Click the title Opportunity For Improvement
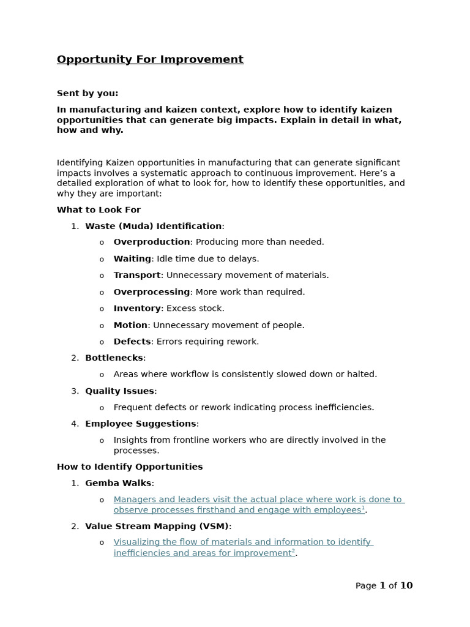[150, 59]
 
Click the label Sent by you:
[88, 94]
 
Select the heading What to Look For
[99, 210]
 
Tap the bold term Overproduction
[152, 242]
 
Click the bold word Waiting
[132, 259]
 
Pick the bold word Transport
[137, 276]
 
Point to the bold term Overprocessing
[152, 292]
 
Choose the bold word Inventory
[137, 309]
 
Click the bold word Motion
[130, 325]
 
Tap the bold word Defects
[132, 342]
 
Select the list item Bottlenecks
[114, 358]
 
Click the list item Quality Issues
[119, 391]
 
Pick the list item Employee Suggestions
[141, 424]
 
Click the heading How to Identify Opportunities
[130, 467]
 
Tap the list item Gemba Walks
[118, 483]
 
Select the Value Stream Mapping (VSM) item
[157, 526]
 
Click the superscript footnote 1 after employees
[363, 508]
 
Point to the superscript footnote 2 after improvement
[293, 551]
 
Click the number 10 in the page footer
[406, 586]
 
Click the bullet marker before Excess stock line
[102, 309]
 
